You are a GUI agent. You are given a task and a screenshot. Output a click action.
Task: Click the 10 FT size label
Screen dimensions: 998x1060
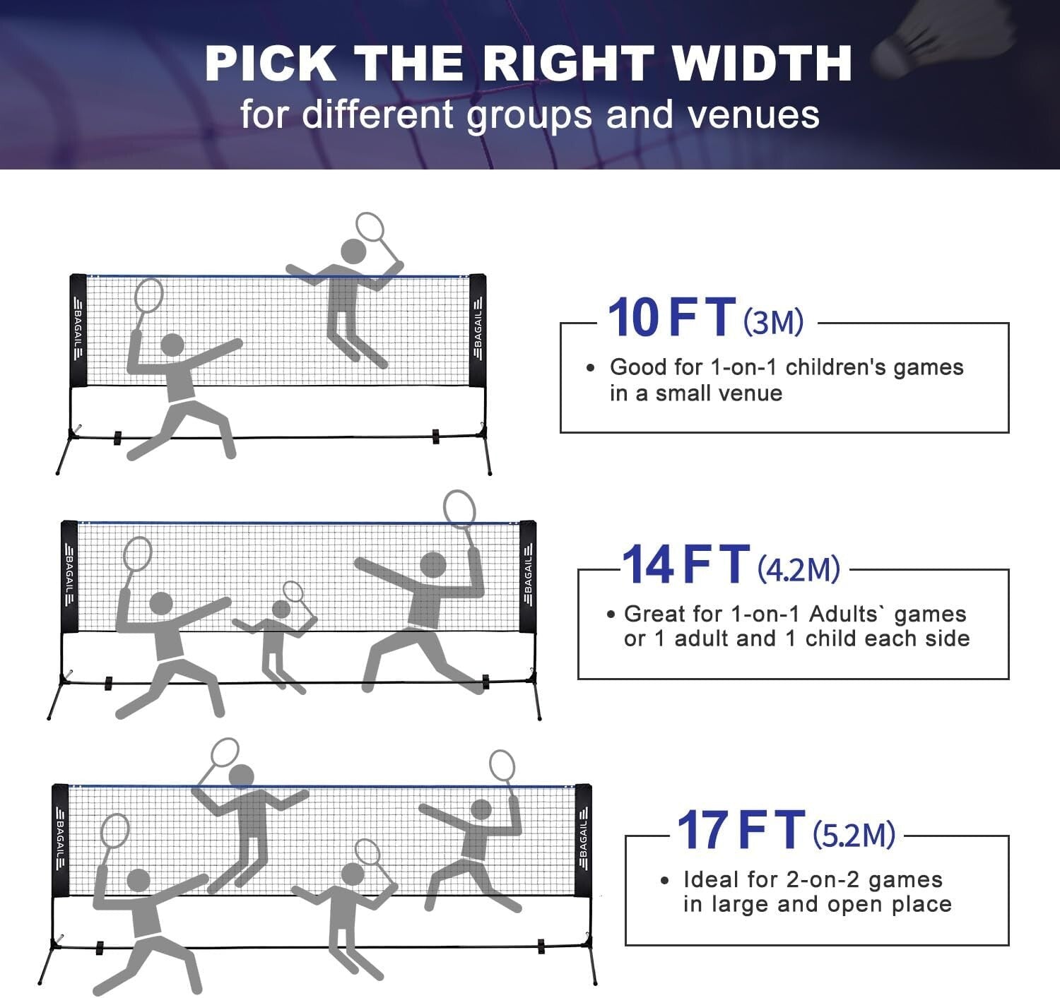[671, 318]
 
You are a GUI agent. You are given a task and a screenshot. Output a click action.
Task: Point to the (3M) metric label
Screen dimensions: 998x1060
[774, 322]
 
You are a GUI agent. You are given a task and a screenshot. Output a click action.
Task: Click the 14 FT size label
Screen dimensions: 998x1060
[685, 565]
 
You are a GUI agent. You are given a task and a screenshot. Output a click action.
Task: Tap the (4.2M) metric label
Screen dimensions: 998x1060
[799, 569]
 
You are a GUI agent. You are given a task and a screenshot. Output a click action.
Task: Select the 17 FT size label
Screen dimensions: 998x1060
[741, 831]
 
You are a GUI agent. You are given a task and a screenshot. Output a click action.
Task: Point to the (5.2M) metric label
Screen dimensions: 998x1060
[854, 835]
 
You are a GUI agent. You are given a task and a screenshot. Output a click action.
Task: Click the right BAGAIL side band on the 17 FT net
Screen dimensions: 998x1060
[583, 840]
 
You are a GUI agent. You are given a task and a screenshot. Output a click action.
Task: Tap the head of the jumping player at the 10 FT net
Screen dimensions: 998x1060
[353, 251]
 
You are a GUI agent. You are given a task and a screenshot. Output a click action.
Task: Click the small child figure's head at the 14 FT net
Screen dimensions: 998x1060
[281, 609]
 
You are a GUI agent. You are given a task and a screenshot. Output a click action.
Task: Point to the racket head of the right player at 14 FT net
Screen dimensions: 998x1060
[459, 509]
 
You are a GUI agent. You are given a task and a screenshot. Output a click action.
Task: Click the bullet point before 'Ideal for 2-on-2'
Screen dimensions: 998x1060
[664, 881]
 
